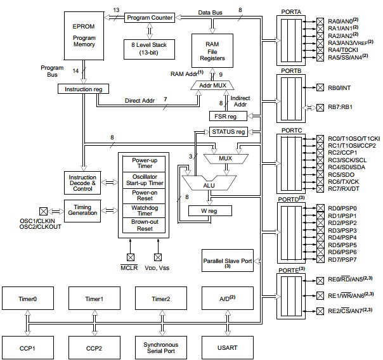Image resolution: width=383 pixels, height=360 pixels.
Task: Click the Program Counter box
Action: (x=149, y=18)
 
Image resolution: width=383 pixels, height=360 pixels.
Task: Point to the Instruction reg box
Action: (x=80, y=89)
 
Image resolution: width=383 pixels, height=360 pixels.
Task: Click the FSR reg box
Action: (x=227, y=116)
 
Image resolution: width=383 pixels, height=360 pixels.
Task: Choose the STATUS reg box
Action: (x=227, y=132)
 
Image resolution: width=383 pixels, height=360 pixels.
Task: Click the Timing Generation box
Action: (x=83, y=210)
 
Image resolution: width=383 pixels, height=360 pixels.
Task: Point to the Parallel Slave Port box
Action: (x=227, y=262)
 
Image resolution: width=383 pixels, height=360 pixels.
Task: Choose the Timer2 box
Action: (x=160, y=297)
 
